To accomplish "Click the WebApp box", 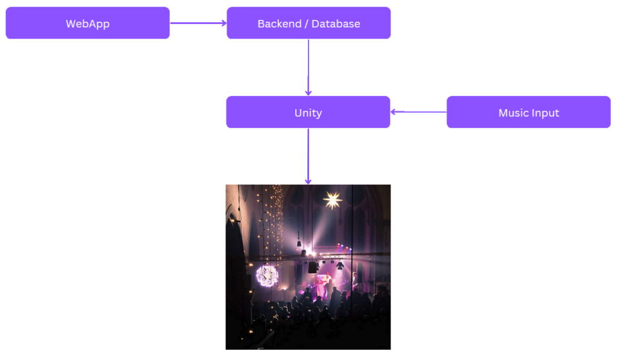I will [87, 24].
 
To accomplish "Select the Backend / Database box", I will [308, 24].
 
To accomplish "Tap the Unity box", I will [308, 113].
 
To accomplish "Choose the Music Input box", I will [528, 113].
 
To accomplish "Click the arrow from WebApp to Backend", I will [198, 24].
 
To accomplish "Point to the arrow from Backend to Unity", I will [308, 66].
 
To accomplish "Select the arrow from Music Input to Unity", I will [419, 112].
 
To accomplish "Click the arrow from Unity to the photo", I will [308, 156].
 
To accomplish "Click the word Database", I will [336, 24].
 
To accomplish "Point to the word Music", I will [513, 113].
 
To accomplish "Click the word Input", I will [545, 113].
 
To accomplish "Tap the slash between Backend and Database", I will [305, 24].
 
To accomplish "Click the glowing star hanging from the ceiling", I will [332, 200].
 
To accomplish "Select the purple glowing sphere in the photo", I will [267, 276].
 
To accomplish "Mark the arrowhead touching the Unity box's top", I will [308, 92].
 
